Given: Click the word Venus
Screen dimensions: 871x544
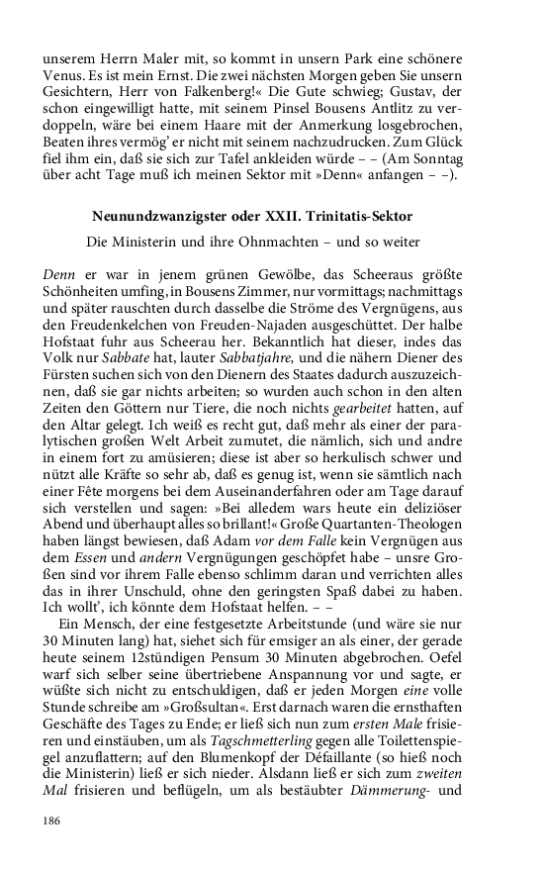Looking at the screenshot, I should point(63,73).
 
